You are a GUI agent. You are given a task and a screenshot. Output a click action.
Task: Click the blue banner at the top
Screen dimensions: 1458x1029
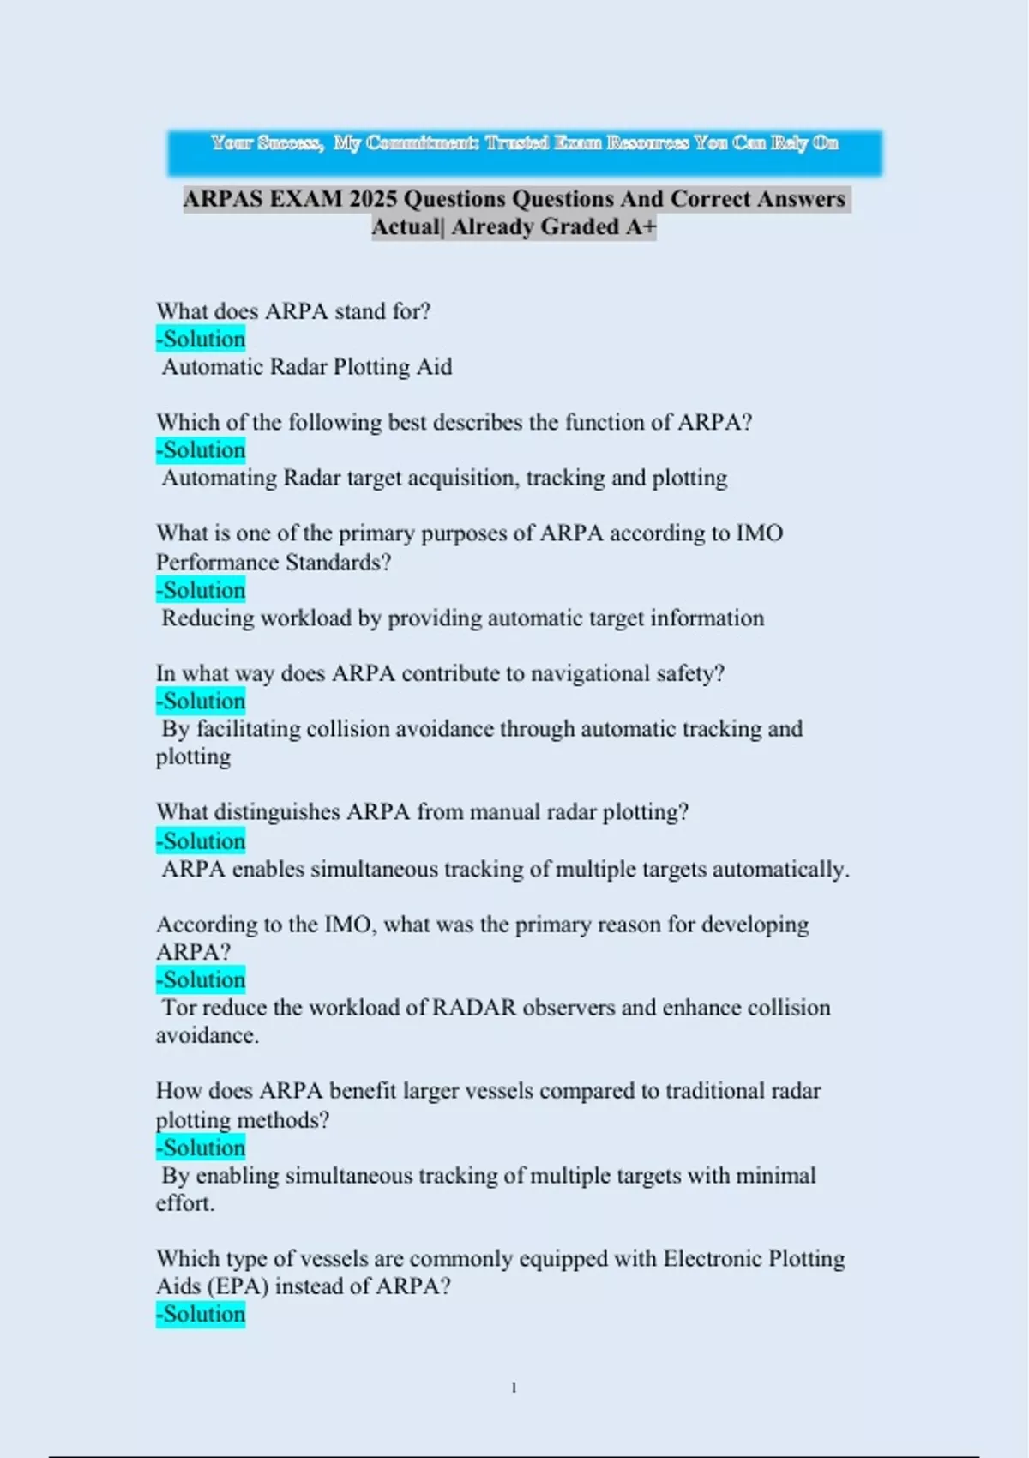(x=524, y=153)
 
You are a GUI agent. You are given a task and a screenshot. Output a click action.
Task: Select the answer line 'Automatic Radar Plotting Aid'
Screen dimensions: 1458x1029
(x=307, y=367)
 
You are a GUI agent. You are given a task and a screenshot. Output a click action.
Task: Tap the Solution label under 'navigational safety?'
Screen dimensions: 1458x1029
(x=201, y=702)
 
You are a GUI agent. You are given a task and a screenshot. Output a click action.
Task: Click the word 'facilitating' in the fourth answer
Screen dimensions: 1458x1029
(x=248, y=729)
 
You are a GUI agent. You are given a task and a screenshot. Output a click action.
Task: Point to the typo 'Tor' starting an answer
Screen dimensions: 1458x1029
(x=178, y=1008)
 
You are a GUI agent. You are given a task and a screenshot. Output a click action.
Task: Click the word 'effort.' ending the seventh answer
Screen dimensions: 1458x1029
(x=185, y=1203)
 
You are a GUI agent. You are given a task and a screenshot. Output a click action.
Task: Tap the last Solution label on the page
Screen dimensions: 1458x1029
(x=201, y=1315)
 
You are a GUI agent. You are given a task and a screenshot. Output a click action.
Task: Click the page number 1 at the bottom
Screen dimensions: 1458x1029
(x=514, y=1388)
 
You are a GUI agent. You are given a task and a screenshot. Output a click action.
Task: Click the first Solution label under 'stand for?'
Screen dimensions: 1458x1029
(x=201, y=340)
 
